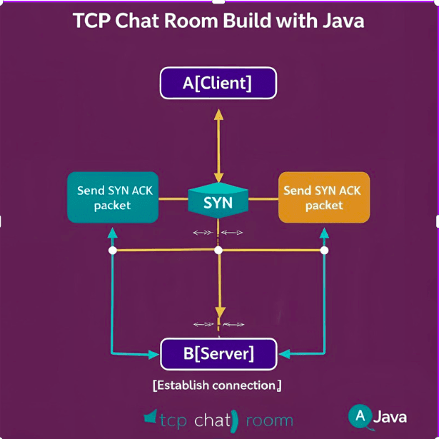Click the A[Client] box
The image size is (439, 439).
pos(218,83)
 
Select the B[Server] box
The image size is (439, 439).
pos(218,353)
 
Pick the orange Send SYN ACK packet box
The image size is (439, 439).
pos(323,198)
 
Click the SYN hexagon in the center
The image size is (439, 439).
pos(218,202)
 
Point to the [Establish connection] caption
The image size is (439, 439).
pos(217,385)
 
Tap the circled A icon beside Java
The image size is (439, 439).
pos(360,415)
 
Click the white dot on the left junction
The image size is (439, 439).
pos(112,251)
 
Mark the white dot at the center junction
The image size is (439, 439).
pos(218,251)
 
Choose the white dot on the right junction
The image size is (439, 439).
pos(324,251)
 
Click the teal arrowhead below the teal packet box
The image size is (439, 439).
pos(112,233)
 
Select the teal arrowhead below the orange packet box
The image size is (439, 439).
pos(324,233)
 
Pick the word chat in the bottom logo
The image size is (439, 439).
pos(212,420)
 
